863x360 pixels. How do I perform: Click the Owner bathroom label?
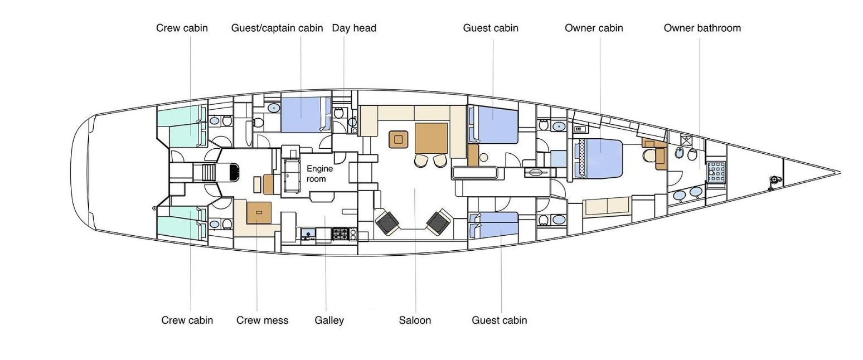(702, 28)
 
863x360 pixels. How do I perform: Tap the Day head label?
(354, 28)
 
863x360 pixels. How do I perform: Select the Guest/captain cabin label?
(277, 28)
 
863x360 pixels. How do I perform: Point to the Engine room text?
(319, 173)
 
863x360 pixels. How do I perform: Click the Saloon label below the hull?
(415, 320)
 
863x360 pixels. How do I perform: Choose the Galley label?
(329, 320)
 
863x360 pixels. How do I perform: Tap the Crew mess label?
(262, 320)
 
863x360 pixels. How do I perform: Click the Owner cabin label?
(594, 28)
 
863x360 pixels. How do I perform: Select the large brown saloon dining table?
(431, 138)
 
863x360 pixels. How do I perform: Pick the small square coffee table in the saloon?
(397, 139)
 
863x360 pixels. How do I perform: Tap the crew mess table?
(258, 213)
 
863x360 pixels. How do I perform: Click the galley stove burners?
(340, 234)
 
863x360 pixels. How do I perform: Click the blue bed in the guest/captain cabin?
(301, 115)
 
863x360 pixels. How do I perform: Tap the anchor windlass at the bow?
(773, 180)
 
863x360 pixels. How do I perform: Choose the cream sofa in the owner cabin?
(607, 206)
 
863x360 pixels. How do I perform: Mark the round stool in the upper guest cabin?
(484, 157)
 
